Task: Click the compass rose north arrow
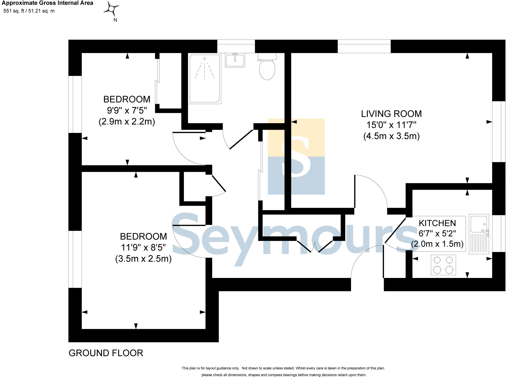[111, 9]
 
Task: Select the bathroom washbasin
[235, 60]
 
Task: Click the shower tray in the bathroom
[205, 79]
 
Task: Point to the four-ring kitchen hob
[443, 265]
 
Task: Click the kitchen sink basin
[478, 224]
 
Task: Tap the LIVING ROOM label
[391, 114]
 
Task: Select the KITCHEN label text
[437, 223]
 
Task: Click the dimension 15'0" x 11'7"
[391, 125]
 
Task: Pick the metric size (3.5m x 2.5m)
[143, 259]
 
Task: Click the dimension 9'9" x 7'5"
[127, 110]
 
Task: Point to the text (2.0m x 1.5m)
[437, 244]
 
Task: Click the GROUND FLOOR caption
[106, 353]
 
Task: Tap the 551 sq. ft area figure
[14, 11]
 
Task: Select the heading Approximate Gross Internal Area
[47, 3]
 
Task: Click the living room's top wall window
[364, 46]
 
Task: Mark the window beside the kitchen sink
[499, 233]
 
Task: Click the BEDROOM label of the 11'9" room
[143, 236]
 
